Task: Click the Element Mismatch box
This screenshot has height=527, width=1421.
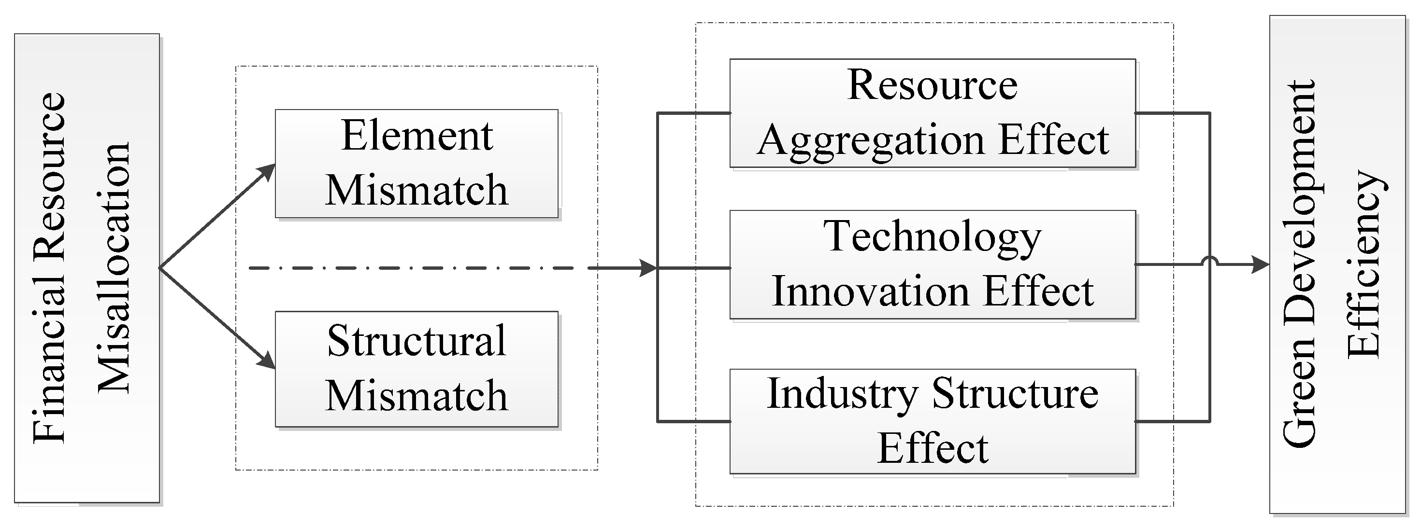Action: (x=416, y=163)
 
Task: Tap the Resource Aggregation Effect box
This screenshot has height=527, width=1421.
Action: (x=932, y=112)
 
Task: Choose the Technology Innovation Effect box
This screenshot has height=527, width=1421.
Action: (x=932, y=264)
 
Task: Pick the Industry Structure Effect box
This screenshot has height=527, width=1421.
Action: (x=932, y=421)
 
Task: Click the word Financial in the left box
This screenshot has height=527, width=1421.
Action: (x=50, y=380)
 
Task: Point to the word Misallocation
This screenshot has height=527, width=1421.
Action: (x=114, y=268)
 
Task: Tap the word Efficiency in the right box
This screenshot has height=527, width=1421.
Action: (x=1364, y=264)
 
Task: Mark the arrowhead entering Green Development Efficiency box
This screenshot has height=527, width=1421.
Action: (x=1260, y=264)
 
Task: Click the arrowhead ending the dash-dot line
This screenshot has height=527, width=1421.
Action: (x=648, y=268)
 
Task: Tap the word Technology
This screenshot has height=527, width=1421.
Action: (x=932, y=237)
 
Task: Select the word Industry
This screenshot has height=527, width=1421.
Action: (x=842, y=395)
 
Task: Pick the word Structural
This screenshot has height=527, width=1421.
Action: (x=416, y=341)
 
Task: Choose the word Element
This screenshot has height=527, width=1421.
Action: (x=416, y=136)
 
